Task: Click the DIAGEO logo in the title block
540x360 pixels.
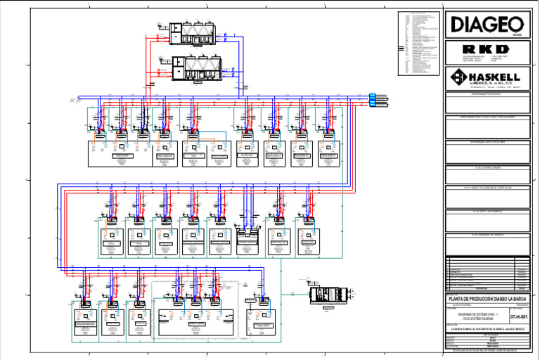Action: click(x=487, y=24)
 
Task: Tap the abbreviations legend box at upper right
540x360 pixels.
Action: click(x=419, y=44)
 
